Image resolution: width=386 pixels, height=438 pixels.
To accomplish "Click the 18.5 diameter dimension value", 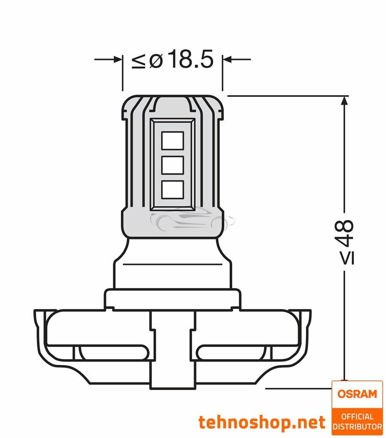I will (x=190, y=60).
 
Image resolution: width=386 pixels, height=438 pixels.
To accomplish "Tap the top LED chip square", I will (x=172, y=140).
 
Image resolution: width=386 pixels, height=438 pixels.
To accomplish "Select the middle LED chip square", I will (x=172, y=164).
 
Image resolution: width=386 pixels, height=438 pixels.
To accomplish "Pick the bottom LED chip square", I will (x=172, y=189).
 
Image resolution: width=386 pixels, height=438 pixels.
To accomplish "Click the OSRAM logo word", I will (x=357, y=394).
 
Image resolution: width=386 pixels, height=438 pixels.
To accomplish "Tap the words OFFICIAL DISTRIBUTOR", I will (x=357, y=421).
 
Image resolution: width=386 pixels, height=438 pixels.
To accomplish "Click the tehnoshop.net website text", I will (x=262, y=423).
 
